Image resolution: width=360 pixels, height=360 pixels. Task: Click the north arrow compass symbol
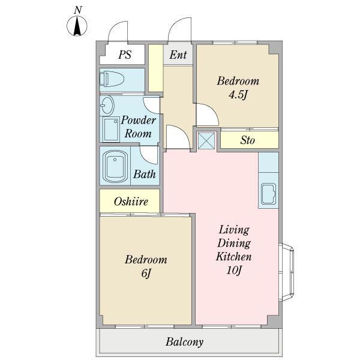77,26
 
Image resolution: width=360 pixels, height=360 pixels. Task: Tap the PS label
125,55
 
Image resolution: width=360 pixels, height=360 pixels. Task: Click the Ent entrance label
178,55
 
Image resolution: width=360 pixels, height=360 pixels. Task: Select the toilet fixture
112,79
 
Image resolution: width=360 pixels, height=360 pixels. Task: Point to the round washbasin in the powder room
107,106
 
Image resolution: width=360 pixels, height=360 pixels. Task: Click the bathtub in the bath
115,166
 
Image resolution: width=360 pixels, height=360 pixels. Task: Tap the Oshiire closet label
131,202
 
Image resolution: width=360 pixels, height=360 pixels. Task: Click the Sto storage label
247,140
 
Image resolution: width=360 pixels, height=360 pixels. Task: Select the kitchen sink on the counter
268,194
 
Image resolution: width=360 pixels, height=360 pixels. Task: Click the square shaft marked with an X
206,140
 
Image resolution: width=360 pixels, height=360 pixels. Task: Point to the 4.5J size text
238,94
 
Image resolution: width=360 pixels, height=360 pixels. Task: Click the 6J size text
146,273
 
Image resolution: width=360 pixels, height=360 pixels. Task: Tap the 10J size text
234,270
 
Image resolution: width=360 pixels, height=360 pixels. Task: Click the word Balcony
185,342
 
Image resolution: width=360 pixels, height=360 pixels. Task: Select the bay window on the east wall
287,272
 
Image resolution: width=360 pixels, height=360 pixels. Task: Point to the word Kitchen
233,256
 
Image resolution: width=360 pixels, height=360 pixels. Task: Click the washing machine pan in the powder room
110,129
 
